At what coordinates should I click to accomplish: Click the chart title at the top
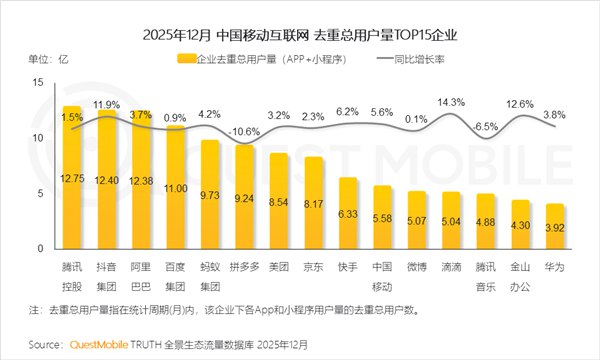tap(300, 35)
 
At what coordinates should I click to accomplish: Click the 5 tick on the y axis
tap(40, 193)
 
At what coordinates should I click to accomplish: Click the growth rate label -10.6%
tap(244, 131)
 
